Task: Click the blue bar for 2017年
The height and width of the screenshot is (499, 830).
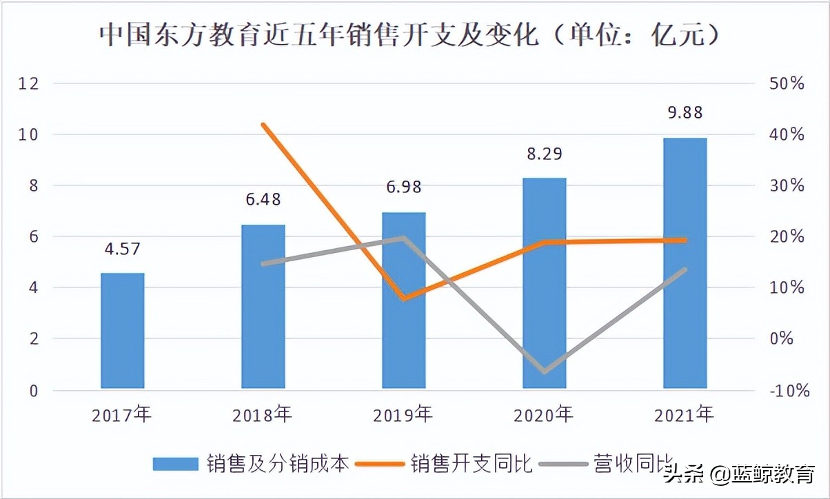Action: (123, 331)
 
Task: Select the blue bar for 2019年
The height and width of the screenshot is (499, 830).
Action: (404, 301)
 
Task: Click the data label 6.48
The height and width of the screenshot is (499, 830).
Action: (263, 200)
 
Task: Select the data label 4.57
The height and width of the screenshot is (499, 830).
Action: (122, 248)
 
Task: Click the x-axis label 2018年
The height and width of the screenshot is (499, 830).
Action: (263, 415)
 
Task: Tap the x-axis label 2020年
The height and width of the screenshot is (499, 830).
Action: (543, 415)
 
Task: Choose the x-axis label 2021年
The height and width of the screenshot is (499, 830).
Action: (685, 415)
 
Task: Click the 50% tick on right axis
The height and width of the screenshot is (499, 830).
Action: (787, 83)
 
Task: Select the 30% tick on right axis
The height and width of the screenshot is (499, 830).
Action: (787, 186)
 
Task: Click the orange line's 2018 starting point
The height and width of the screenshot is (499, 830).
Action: (263, 125)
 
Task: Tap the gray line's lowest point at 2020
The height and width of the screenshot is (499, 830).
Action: (545, 371)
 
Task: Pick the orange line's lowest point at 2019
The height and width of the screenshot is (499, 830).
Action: (404, 298)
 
